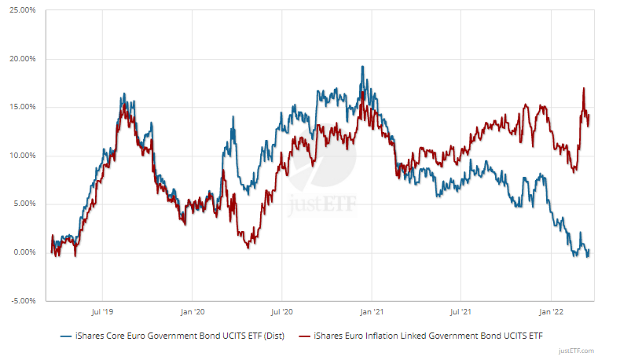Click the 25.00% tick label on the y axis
point(23,10)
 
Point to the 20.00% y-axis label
point(23,59)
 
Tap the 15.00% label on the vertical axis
point(23,107)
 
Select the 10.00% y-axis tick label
point(23,156)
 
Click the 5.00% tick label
point(24,204)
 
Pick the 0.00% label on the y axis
point(24,252)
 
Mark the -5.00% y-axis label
point(24,300)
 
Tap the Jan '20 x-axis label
point(193,311)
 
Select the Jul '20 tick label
point(282,311)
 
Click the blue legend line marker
point(68,336)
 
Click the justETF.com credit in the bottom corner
point(577,351)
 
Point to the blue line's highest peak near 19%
point(362,67)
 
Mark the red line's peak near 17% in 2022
point(584,88)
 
